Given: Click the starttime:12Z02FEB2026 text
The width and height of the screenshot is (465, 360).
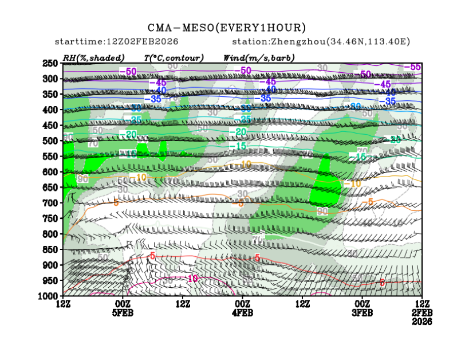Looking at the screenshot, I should coord(117,42).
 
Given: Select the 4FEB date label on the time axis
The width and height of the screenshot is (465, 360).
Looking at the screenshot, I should coord(243,312).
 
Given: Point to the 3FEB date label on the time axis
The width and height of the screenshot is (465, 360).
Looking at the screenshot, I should coord(362,312).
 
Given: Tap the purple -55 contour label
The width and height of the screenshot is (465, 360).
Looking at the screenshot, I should coord(413,67).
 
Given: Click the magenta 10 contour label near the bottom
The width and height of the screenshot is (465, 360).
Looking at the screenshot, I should coord(193,279).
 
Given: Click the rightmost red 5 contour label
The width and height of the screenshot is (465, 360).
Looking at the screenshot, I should coord(382,283).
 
